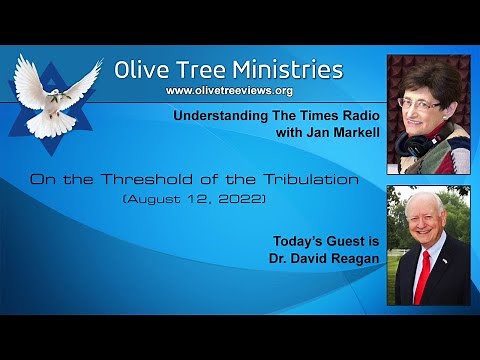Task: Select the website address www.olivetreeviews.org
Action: click(x=228, y=91)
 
